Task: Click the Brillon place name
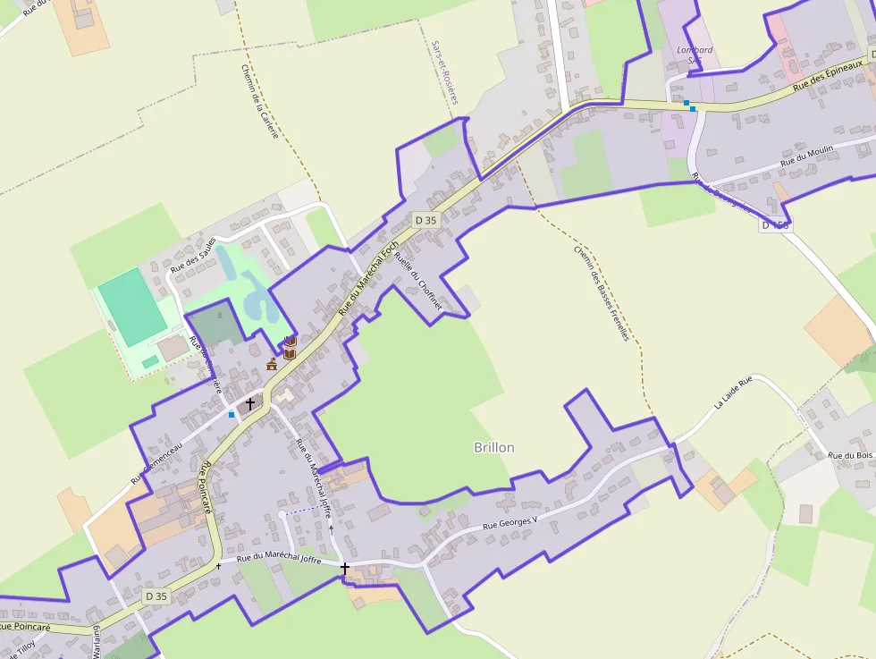(x=493, y=447)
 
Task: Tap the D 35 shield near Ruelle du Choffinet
(x=425, y=219)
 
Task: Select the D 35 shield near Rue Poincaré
(x=156, y=596)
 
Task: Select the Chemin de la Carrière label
(x=260, y=101)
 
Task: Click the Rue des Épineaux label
(x=829, y=76)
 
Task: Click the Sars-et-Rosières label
(x=443, y=72)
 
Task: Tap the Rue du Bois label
(x=850, y=455)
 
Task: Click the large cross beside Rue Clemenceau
(x=250, y=403)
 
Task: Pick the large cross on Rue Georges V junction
(x=344, y=567)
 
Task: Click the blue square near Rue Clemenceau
(x=232, y=415)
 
